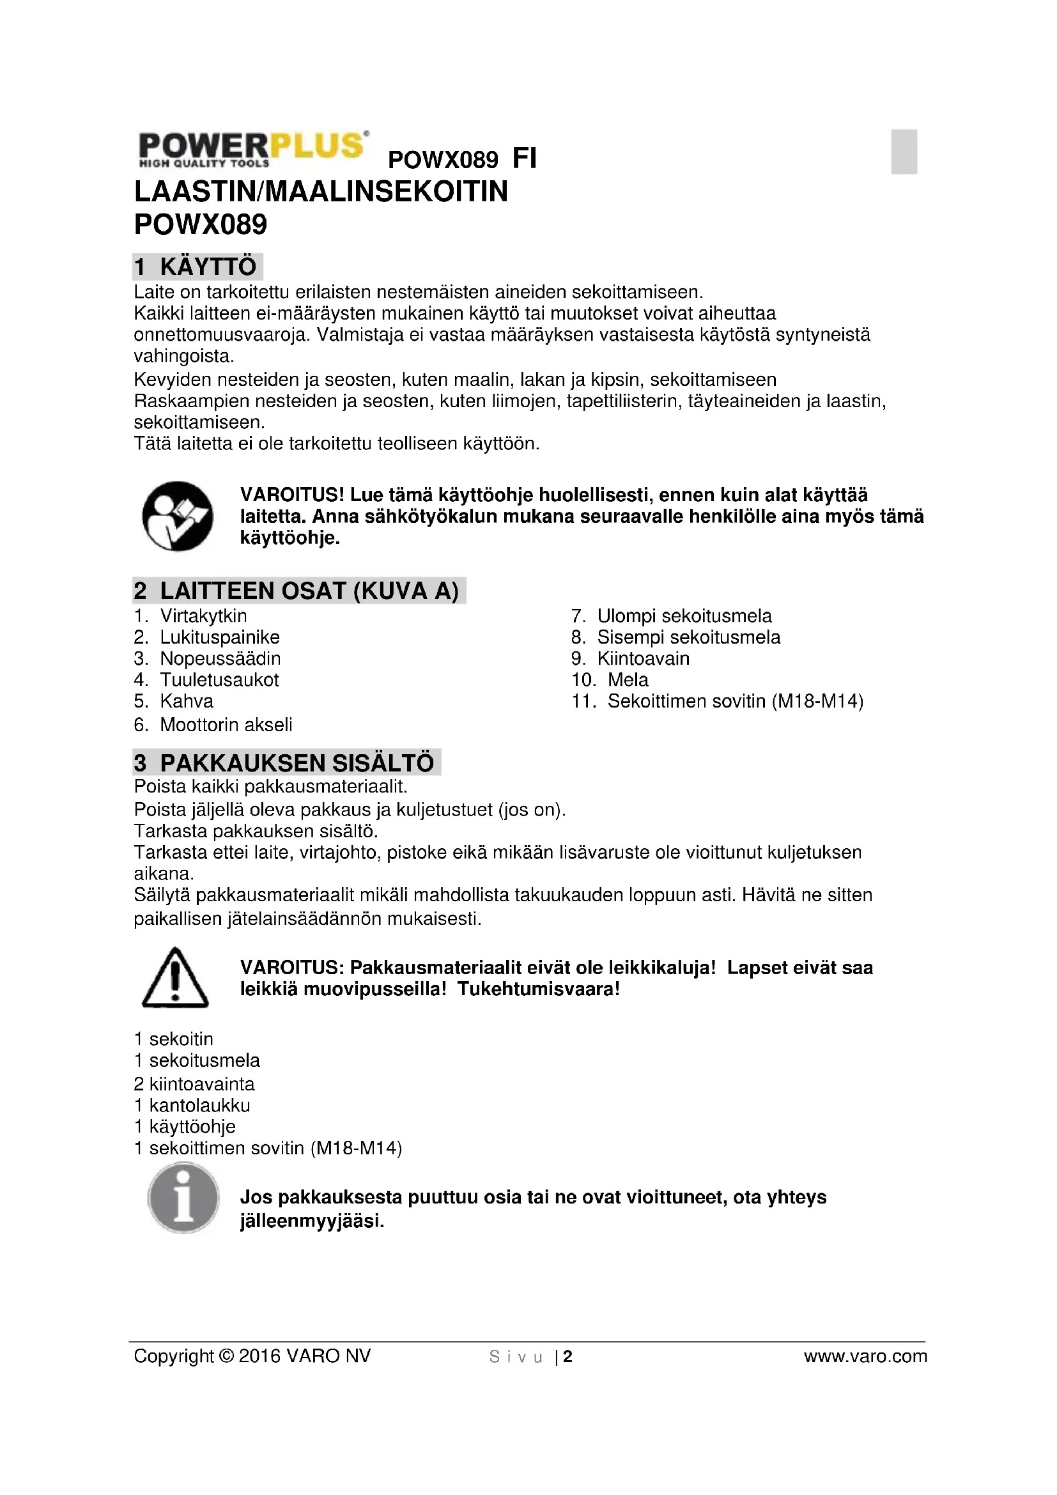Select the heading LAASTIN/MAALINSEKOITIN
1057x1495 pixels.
(320, 192)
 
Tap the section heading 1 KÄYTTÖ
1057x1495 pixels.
(197, 267)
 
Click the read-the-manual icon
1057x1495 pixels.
(177, 516)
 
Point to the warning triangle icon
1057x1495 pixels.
(175, 979)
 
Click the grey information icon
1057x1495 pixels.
(183, 1198)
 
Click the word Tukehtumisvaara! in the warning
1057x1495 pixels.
(538, 989)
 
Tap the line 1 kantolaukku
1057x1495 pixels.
(192, 1106)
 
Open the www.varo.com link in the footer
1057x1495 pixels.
(865, 1356)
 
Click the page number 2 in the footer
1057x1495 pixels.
(568, 1357)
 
